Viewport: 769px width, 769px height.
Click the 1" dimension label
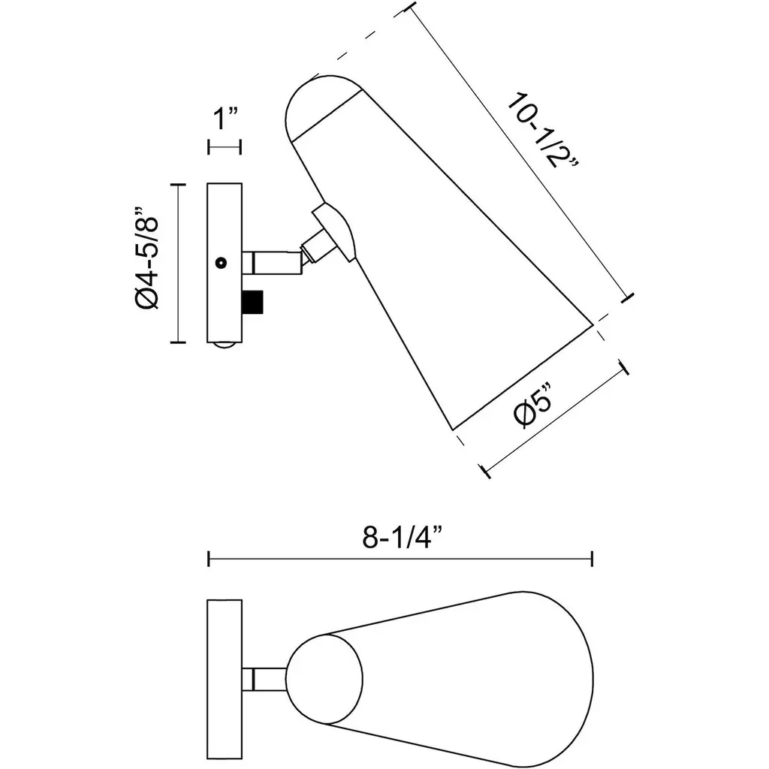[225, 119]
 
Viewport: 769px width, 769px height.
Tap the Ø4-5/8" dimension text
[147, 258]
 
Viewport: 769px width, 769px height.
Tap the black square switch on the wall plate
[252, 302]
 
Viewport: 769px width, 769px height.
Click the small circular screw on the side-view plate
[222, 263]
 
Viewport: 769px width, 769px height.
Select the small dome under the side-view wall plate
[225, 345]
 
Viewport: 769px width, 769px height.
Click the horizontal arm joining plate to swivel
[272, 262]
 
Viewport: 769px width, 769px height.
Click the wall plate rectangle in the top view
[225, 679]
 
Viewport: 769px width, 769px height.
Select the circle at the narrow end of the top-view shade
[324, 679]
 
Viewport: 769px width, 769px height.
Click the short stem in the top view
[264, 679]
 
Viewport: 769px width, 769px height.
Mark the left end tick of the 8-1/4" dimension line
[209, 559]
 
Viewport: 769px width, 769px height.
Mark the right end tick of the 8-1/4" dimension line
[593, 559]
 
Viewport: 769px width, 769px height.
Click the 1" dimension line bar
[225, 146]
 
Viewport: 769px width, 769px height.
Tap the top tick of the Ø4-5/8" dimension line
[177, 185]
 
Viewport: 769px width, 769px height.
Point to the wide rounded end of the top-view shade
[564, 679]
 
